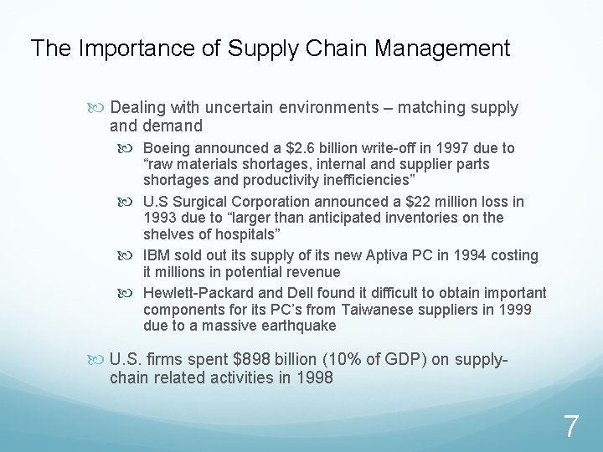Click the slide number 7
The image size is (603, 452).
pyautogui.click(x=570, y=427)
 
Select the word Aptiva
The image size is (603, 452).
pyautogui.click(x=396, y=255)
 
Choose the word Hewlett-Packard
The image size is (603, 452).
pyautogui.click(x=197, y=293)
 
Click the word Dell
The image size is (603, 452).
pyautogui.click(x=298, y=293)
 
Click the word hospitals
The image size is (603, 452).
pyautogui.click(x=239, y=234)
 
